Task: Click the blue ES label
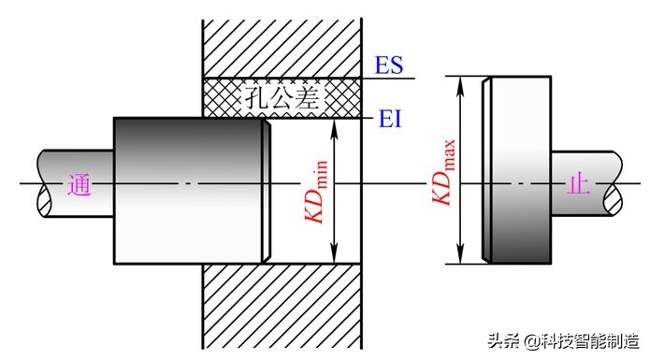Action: pos(389,65)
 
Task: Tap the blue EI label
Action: pos(390,120)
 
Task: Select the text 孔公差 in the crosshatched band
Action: pos(282,98)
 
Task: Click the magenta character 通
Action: pos(79,185)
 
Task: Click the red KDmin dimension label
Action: pos(317,193)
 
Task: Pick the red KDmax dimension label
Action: pos(444,172)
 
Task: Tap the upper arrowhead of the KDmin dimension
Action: pos(335,127)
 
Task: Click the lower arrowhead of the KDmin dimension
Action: pos(335,254)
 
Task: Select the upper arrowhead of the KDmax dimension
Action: pos(460,85)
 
